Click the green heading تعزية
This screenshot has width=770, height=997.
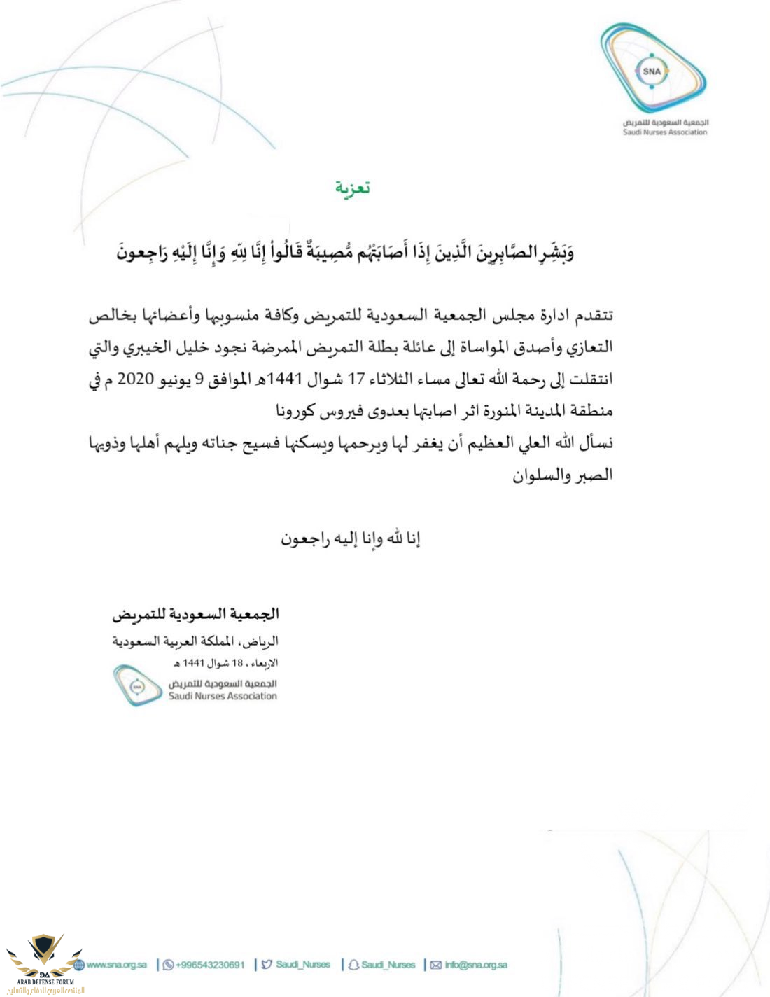353,188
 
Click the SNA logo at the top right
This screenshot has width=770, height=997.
653,71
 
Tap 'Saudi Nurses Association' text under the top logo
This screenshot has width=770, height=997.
665,132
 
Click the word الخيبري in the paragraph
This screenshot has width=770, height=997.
155,348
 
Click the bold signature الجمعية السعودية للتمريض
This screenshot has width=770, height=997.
196,615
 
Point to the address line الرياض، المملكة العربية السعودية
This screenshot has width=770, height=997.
196,641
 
